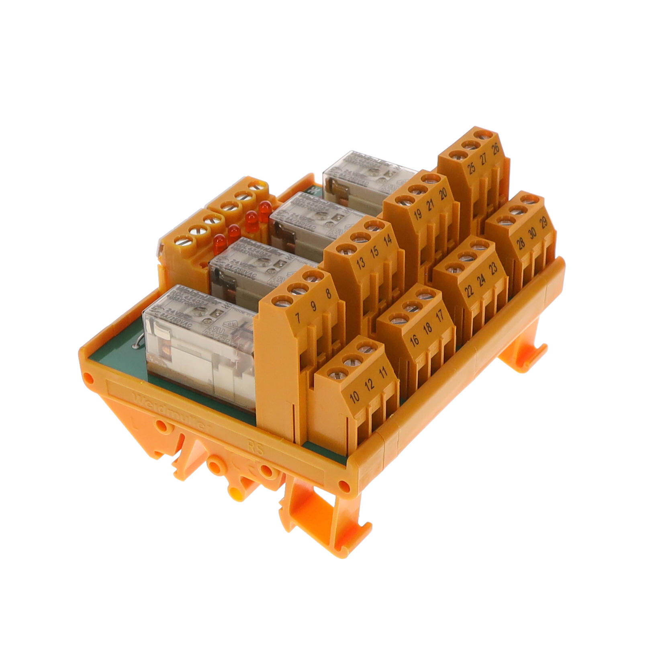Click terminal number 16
tap(414, 340)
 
